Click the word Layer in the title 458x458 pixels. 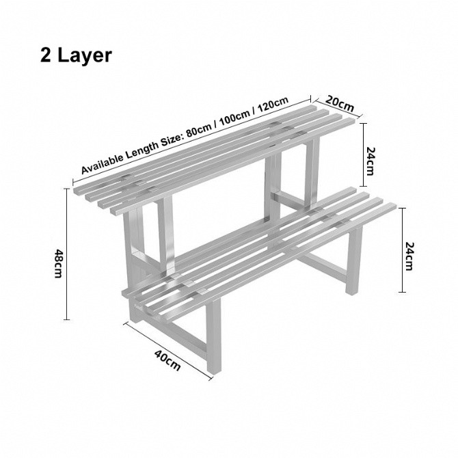[83, 55]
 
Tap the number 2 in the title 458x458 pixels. [46, 55]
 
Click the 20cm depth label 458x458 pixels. [340, 103]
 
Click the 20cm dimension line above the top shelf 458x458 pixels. [334, 109]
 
